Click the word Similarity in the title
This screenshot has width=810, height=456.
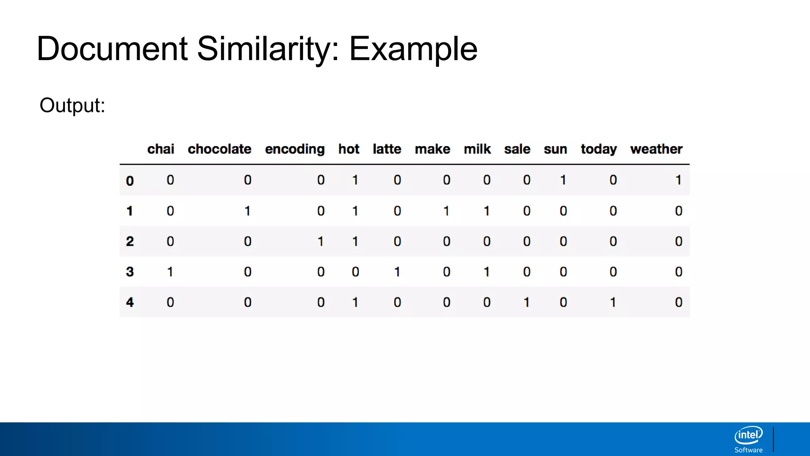click(268, 49)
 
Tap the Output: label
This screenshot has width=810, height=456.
click(72, 105)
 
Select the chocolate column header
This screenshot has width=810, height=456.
click(220, 149)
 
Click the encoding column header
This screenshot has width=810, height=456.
click(295, 149)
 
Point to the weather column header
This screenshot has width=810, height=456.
click(656, 149)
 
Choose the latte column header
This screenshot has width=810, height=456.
click(387, 149)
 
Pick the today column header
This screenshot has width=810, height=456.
click(598, 149)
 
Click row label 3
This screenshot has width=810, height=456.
click(130, 272)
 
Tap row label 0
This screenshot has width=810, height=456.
click(130, 181)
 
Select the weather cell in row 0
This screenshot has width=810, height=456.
click(678, 180)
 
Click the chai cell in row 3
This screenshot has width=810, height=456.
click(170, 272)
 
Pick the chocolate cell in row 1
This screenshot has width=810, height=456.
click(248, 211)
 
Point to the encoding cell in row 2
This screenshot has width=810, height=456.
click(321, 241)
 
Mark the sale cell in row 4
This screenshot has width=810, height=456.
click(526, 302)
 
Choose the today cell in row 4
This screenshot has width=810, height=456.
click(613, 302)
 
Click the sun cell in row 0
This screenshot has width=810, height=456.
click(563, 180)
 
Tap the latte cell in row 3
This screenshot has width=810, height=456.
click(397, 272)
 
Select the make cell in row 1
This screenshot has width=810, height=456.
click(446, 211)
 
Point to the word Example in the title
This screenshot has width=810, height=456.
click(413, 49)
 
